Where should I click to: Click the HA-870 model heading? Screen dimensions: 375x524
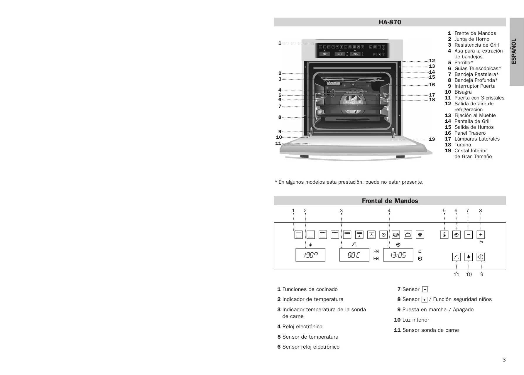390,22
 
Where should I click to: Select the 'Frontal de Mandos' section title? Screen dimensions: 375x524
390,201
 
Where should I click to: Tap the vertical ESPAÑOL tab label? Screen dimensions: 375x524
514,51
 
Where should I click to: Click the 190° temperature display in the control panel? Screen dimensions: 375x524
310,255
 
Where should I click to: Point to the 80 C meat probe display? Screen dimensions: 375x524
354,255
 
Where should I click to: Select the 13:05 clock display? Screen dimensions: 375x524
398,255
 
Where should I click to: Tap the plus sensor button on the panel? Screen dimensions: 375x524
481,235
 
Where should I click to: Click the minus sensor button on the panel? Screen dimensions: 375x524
469,235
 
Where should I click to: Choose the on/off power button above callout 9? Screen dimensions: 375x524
481,257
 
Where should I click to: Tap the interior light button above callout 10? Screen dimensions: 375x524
469,257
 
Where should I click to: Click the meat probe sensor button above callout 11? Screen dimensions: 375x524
456,257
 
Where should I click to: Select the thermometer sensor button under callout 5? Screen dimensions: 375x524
444,235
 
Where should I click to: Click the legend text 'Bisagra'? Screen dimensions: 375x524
463,92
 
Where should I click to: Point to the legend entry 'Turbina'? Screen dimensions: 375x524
463,145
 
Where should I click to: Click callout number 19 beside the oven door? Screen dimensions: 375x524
432,139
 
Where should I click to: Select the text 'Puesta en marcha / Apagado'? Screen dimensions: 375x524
438,310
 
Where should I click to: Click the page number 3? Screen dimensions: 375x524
504,360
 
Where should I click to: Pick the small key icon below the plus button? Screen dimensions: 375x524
481,242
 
